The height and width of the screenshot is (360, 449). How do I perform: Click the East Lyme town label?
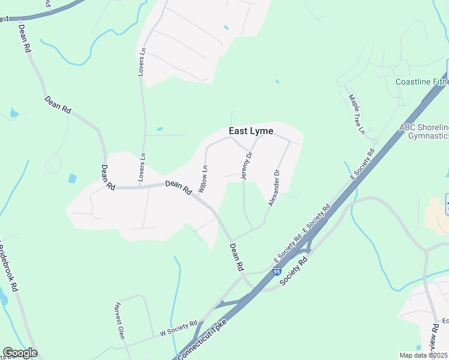click(x=251, y=131)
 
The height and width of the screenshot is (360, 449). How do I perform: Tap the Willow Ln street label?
click(x=203, y=179)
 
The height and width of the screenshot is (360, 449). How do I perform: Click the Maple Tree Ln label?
click(x=357, y=113)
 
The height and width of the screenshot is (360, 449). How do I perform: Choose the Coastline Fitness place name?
click(x=422, y=82)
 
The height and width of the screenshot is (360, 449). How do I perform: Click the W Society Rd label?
click(x=178, y=328)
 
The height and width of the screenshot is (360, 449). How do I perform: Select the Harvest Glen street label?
click(x=119, y=320)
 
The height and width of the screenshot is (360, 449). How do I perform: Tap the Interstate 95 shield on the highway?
click(x=276, y=272)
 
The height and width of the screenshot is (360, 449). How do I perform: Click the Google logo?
click(x=20, y=353)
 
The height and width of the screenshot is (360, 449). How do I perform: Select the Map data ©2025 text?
click(x=424, y=355)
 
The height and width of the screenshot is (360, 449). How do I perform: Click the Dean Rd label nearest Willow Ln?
click(x=178, y=188)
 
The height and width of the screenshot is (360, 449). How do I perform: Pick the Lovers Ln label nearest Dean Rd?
click(x=142, y=166)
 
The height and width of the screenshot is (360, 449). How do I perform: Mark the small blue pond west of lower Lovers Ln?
click(x=73, y=178)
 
